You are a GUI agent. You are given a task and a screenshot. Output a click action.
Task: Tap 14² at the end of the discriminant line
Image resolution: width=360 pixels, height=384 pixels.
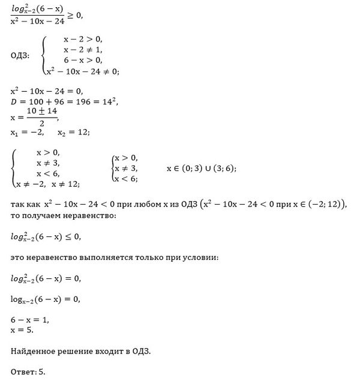tap(113, 102)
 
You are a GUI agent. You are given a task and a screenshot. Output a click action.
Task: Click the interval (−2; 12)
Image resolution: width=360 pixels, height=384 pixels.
tap(327, 203)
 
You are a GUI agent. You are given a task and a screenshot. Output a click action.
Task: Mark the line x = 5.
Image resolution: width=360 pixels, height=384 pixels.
tap(21, 331)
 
